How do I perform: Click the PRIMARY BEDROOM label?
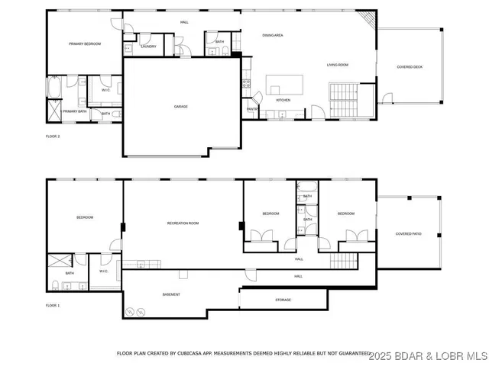pyautogui.click(x=85, y=44)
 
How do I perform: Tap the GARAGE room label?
pyautogui.click(x=180, y=106)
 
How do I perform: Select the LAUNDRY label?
pyautogui.click(x=149, y=47)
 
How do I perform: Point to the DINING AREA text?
pyautogui.click(x=273, y=35)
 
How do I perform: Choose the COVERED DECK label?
pyautogui.click(x=410, y=67)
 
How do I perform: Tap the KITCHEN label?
pyautogui.click(x=283, y=100)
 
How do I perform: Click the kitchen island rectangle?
pyautogui.click(x=284, y=82)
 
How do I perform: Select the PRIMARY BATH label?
pyautogui.click(x=75, y=111)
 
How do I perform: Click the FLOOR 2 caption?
pyautogui.click(x=53, y=136)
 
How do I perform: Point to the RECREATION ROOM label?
pyautogui.click(x=183, y=223)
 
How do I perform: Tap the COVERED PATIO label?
pyautogui.click(x=408, y=233)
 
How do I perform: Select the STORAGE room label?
pyautogui.click(x=283, y=300)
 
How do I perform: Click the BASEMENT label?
pyautogui.click(x=171, y=294)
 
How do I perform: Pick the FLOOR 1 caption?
pyautogui.click(x=53, y=305)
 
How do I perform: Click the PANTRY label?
pyautogui.click(x=251, y=109)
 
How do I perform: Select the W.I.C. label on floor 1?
pyautogui.click(x=103, y=271)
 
